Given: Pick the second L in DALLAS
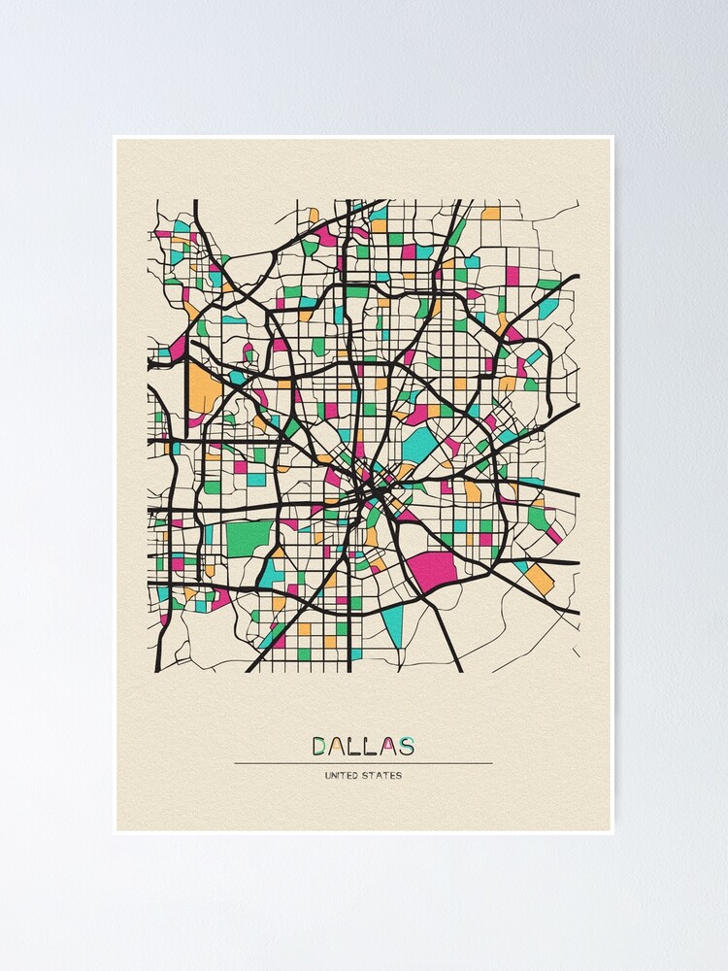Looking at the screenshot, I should click(373, 746).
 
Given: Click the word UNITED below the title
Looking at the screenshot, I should click(342, 776).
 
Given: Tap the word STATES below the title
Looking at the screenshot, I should click(382, 776).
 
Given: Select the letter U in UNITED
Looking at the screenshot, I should click(328, 776).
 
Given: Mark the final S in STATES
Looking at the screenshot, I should click(399, 776).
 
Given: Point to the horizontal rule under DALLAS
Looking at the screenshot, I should click(363, 763).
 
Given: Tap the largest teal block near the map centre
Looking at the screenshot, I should click(419, 445).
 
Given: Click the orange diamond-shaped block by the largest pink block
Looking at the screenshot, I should click(539, 579).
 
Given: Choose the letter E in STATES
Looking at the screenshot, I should click(393, 776).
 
